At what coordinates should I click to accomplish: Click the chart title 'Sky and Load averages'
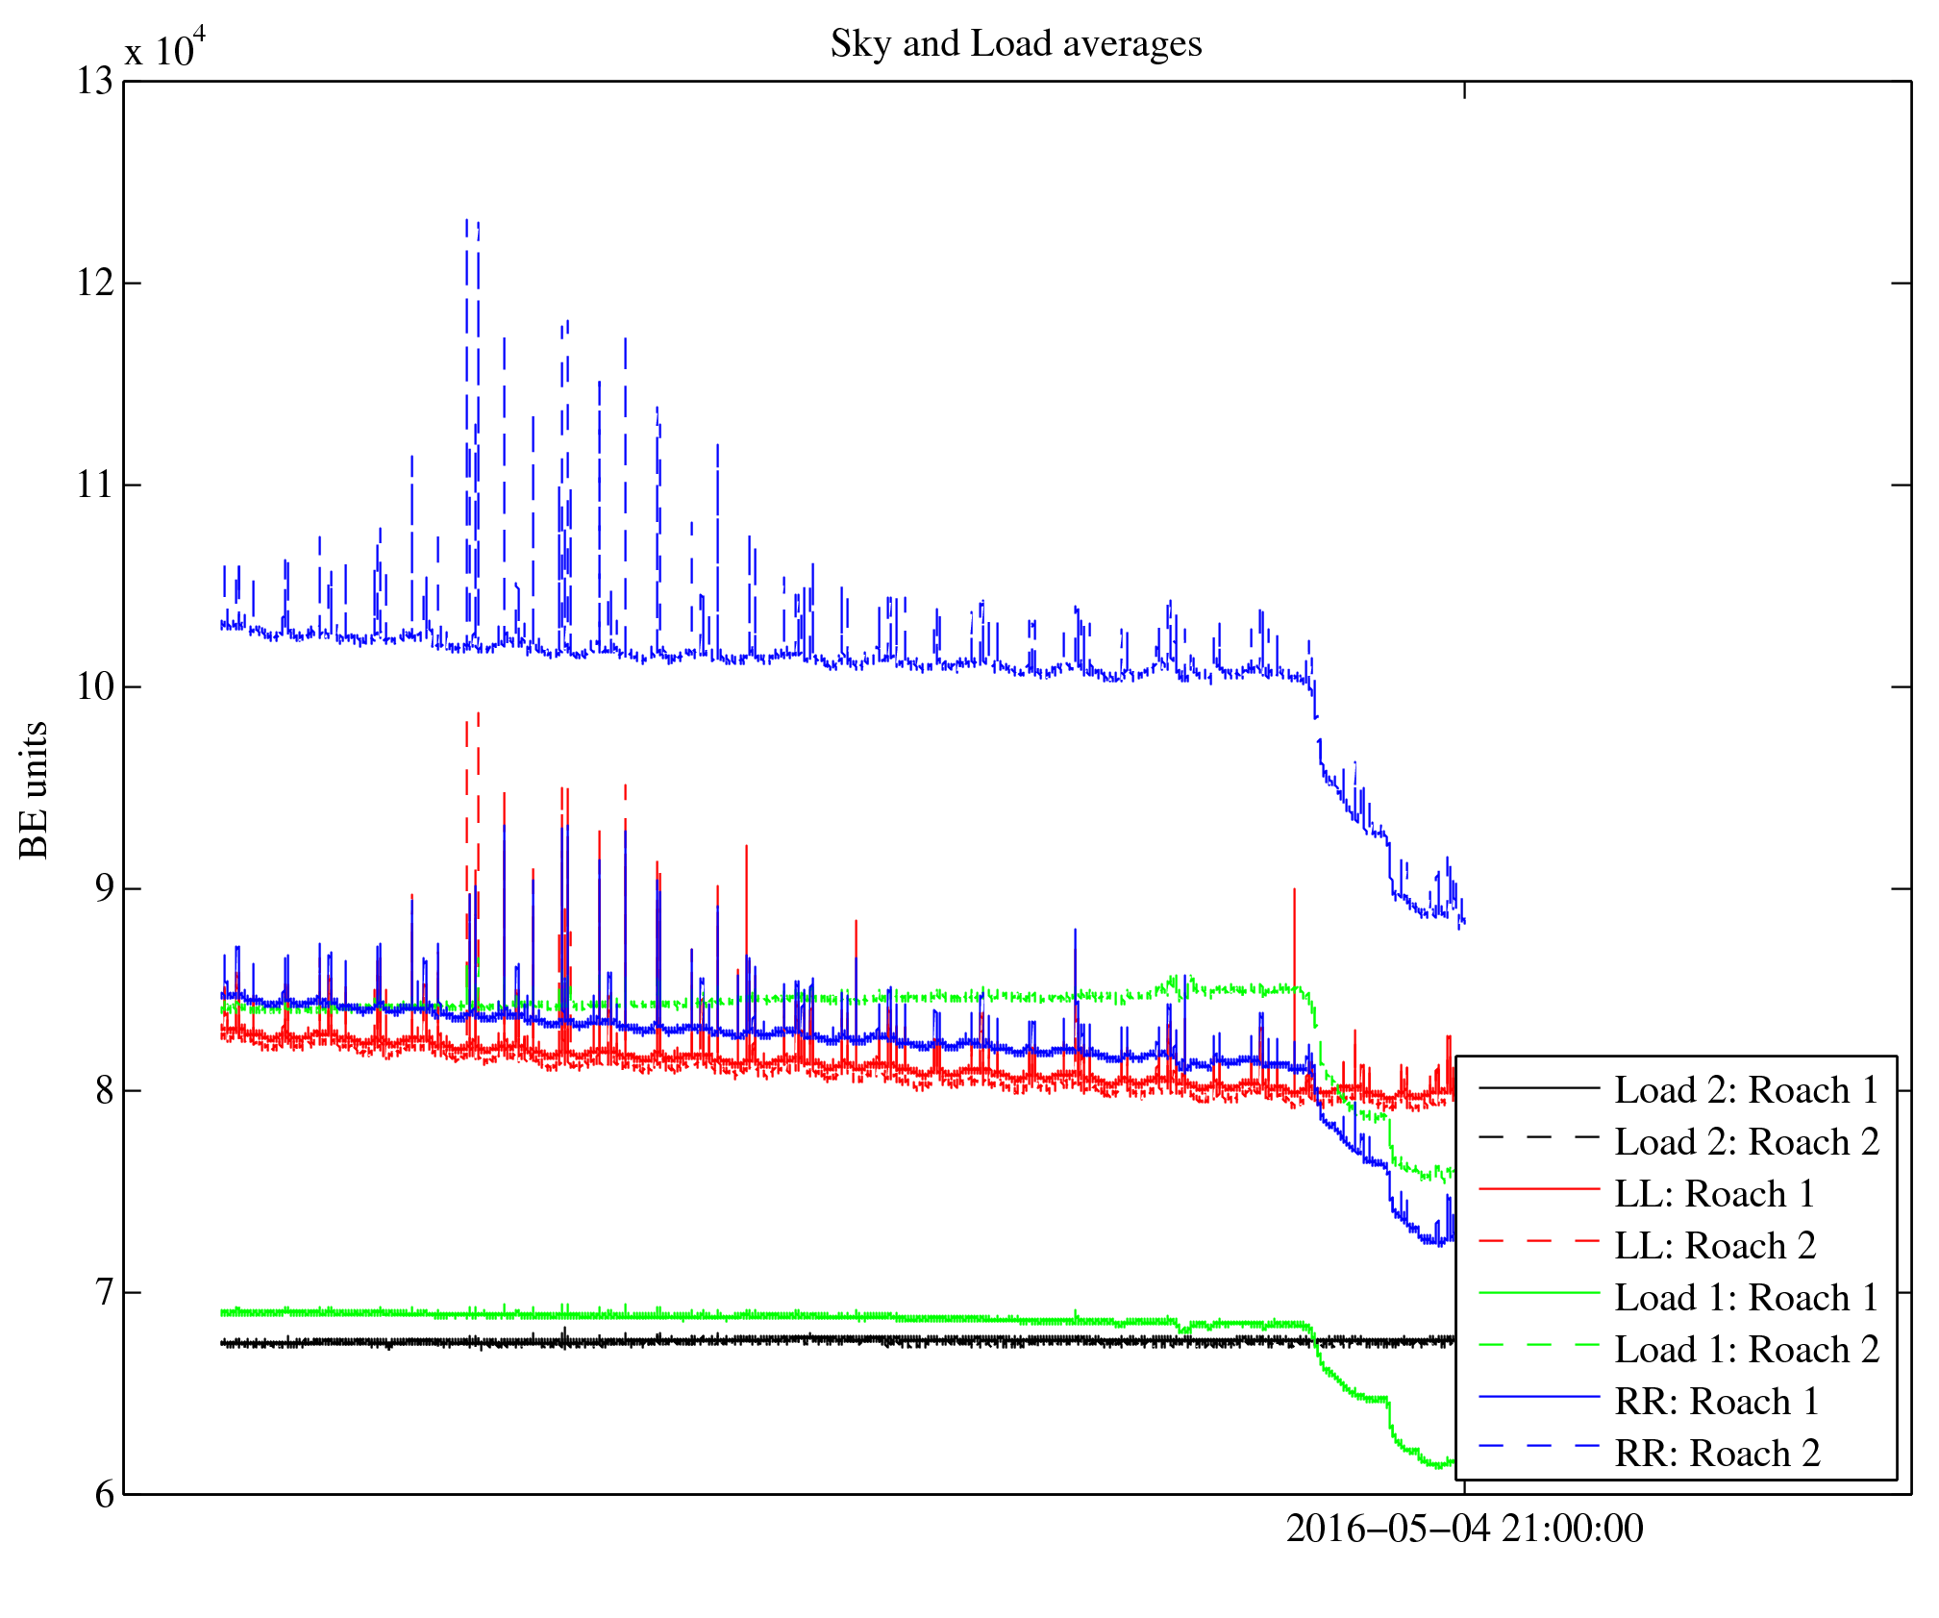pos(1015,44)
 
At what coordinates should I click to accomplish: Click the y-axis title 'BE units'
pos(35,789)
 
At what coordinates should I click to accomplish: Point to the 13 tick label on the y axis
pos(94,82)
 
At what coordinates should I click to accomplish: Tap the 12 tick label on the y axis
pos(94,284)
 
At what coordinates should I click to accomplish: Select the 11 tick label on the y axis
pos(94,485)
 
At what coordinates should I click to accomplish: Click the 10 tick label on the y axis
pos(94,686)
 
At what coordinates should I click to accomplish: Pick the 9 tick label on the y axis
pos(103,888)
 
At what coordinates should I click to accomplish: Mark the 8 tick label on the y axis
pos(103,1090)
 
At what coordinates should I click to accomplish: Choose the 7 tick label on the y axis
pos(103,1292)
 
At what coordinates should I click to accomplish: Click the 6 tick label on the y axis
pos(103,1495)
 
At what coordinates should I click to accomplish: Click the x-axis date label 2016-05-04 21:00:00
pos(1464,1529)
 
